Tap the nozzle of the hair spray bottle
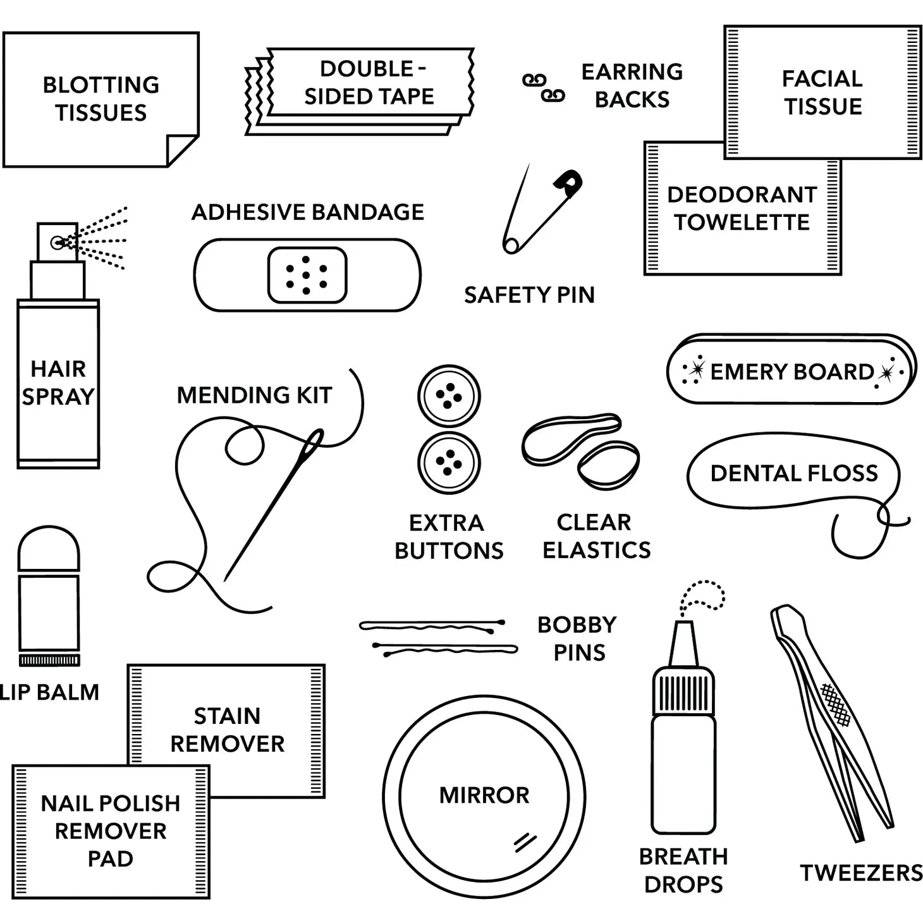point(58,241)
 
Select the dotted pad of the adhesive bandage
point(307,275)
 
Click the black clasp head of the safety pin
point(568,183)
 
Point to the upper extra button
point(449,396)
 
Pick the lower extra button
point(449,463)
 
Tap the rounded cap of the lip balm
point(49,549)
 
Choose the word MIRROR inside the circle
point(484,795)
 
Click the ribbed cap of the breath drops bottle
point(683,690)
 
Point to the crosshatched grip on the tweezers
point(835,704)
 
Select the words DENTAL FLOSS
point(794,473)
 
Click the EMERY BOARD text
point(792,371)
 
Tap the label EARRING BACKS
point(632,85)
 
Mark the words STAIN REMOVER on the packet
point(227,730)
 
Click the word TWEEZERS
point(861,872)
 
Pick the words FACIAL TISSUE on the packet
point(822,92)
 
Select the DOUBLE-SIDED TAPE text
point(370,82)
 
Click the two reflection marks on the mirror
point(524,841)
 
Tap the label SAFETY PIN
point(529,295)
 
